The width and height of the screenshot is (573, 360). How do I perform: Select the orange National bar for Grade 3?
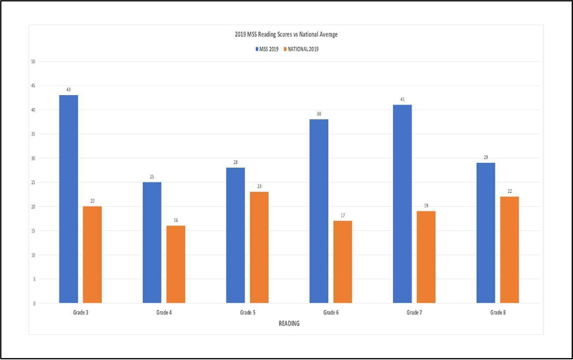coord(92,255)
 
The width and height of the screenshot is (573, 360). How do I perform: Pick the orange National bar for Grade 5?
coord(259,247)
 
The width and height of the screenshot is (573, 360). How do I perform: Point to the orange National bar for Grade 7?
coord(426,257)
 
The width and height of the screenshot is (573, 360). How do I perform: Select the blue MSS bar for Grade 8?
coord(485,233)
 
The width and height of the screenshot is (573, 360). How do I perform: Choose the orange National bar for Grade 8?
coord(509,250)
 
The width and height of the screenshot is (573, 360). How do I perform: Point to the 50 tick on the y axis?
coord(33,61)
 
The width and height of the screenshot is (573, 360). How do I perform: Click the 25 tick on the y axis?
coord(33,182)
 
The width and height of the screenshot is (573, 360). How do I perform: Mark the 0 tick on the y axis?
coord(34,303)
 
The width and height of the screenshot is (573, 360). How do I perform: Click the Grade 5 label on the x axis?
coord(247,312)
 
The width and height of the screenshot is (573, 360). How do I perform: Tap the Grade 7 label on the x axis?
coord(414,312)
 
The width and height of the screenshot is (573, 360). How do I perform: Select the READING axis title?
coord(289,324)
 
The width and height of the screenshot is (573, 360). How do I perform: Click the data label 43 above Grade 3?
coord(68,90)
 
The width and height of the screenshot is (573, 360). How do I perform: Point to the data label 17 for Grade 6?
coord(343,215)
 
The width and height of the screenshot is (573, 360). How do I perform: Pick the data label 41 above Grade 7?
coord(402,99)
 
